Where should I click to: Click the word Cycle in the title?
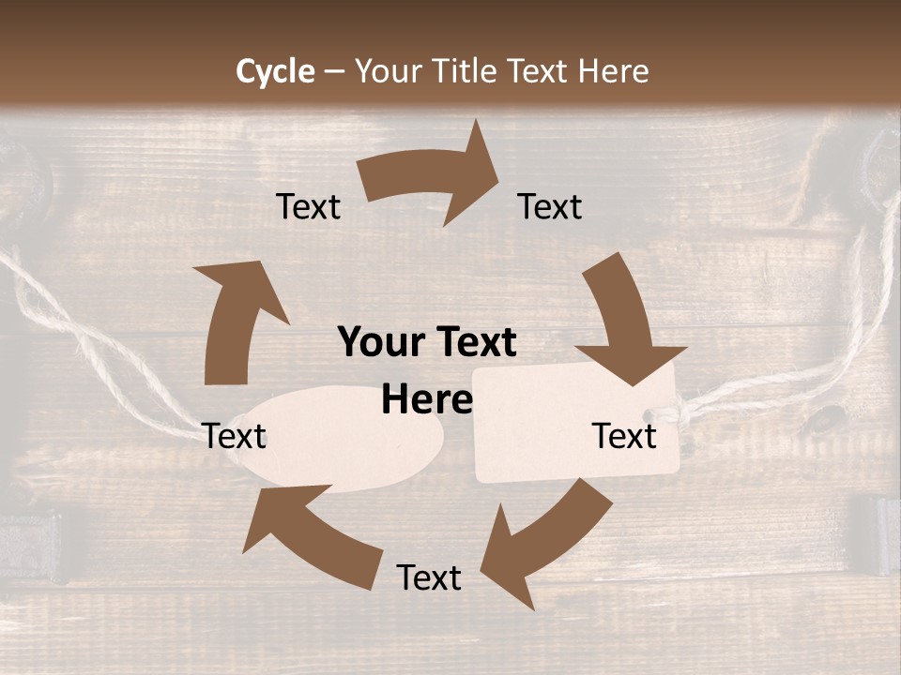click(x=275, y=71)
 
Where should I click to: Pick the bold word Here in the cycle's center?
click(x=427, y=400)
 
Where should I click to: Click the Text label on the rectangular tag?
click(x=624, y=436)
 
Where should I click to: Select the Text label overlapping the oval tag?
click(x=235, y=436)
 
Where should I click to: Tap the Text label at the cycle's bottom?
click(x=429, y=577)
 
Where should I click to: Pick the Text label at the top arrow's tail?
click(x=308, y=206)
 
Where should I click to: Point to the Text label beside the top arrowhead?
click(x=550, y=206)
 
